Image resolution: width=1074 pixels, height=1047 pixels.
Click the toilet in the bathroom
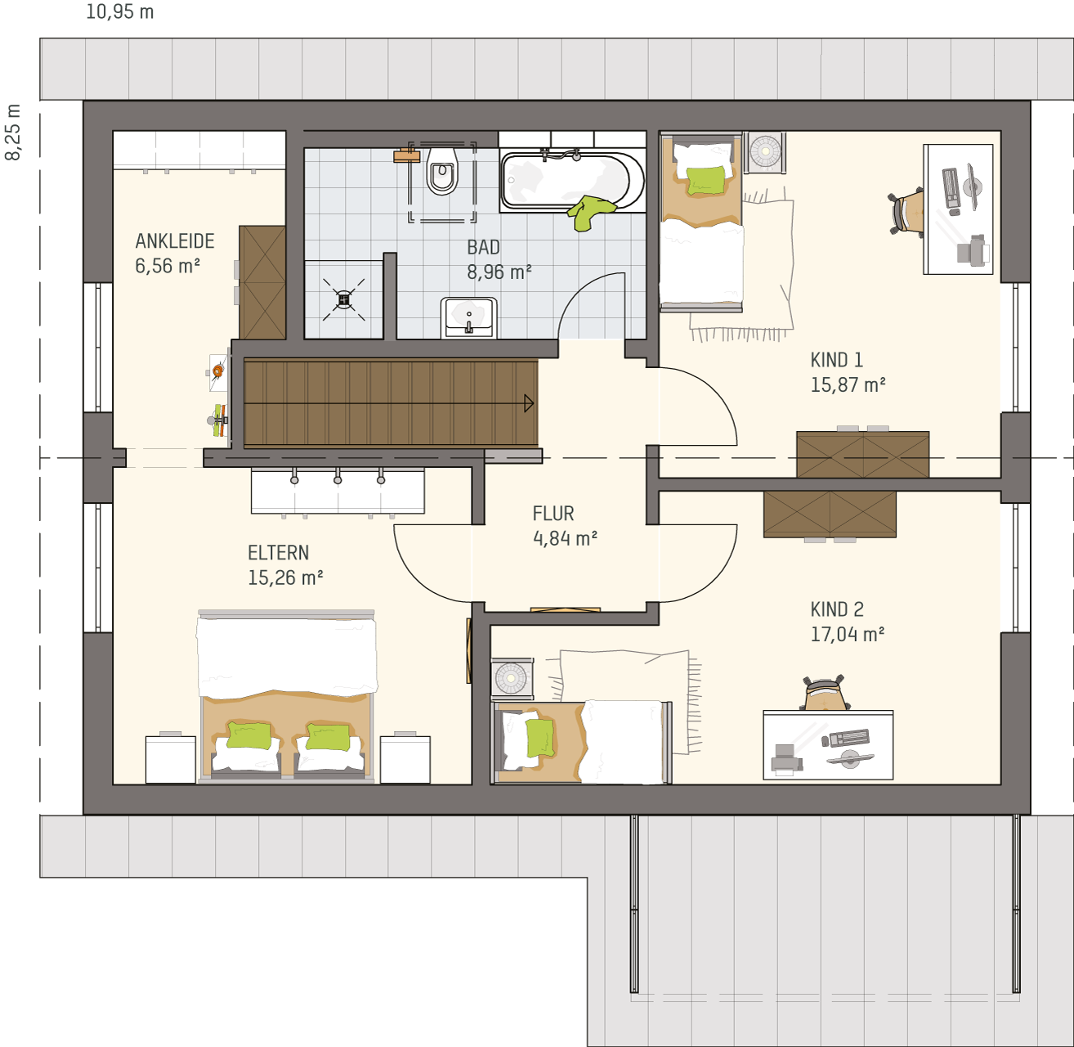click(x=442, y=171)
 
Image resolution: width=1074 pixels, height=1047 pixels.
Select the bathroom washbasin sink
click(x=468, y=317)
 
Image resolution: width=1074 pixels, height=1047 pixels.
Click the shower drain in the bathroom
click(x=344, y=299)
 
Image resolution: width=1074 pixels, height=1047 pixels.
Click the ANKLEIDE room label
click(x=174, y=241)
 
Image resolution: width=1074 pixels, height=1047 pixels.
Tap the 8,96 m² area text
click(x=499, y=272)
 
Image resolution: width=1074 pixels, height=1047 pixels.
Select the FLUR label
click(x=553, y=514)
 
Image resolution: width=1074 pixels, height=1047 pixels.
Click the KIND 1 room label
click(x=836, y=360)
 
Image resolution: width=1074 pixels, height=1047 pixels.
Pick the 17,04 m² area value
click(x=847, y=634)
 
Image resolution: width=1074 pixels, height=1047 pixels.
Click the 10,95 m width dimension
click(x=120, y=11)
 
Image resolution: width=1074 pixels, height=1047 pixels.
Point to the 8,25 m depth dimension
click(x=13, y=132)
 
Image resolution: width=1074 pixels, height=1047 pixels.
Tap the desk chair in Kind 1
click(x=906, y=213)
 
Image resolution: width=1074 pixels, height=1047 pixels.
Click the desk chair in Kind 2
click(x=825, y=693)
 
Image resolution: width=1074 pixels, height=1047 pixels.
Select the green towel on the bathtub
click(x=591, y=213)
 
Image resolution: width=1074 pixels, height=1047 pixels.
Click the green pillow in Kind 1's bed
click(x=705, y=180)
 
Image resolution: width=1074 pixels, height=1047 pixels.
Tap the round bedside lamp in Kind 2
click(x=511, y=677)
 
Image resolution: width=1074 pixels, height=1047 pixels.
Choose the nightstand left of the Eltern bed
click(x=171, y=759)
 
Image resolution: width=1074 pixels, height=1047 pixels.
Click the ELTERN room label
click(x=278, y=553)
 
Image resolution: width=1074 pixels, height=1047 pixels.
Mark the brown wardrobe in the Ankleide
click(x=262, y=282)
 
